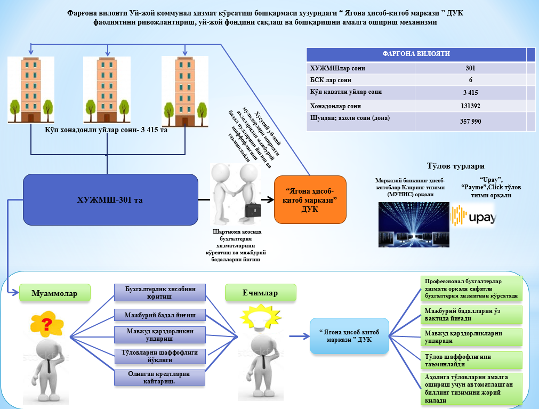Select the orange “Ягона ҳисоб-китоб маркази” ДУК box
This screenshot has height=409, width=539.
click(x=309, y=199)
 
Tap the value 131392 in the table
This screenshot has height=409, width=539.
click(x=470, y=106)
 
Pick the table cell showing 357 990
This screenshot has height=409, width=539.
click(x=470, y=122)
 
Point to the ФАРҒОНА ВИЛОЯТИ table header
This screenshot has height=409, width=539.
click(x=416, y=54)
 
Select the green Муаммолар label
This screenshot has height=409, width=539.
click(x=55, y=293)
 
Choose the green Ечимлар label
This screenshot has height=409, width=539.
click(x=260, y=293)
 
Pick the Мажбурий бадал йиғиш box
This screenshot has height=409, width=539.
click(x=160, y=316)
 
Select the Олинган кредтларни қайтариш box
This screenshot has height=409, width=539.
click(x=160, y=378)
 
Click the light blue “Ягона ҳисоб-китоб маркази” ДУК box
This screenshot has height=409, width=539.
click(x=349, y=336)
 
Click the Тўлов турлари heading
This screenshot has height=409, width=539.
click(x=456, y=165)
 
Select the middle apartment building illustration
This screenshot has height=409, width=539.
click(x=107, y=90)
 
